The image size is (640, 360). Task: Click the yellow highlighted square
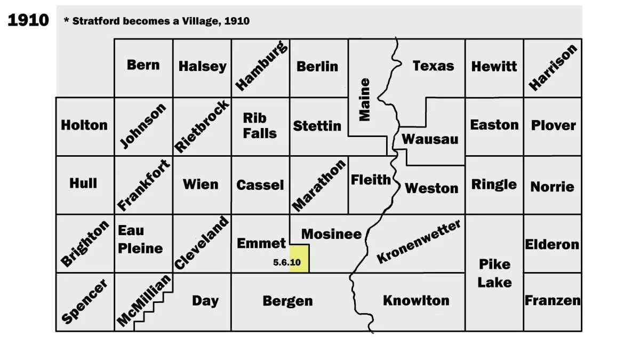click(x=300, y=259)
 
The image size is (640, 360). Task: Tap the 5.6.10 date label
click(x=287, y=262)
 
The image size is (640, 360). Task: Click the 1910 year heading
click(x=28, y=21)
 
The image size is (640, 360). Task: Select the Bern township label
click(x=143, y=65)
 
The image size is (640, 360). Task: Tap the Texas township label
click(x=433, y=66)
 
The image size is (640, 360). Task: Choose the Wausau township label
click(x=430, y=139)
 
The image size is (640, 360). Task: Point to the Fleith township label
click(x=371, y=180)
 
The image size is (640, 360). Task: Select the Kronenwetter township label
click(x=419, y=241)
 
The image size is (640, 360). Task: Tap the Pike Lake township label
click(x=494, y=273)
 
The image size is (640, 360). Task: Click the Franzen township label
click(x=553, y=300)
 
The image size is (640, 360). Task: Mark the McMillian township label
click(x=144, y=301)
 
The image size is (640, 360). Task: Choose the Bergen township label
click(x=287, y=301)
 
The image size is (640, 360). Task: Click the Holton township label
click(x=84, y=125)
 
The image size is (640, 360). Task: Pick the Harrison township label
click(x=553, y=67)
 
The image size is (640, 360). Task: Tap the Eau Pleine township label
click(x=140, y=239)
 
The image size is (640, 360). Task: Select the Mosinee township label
click(x=331, y=234)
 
